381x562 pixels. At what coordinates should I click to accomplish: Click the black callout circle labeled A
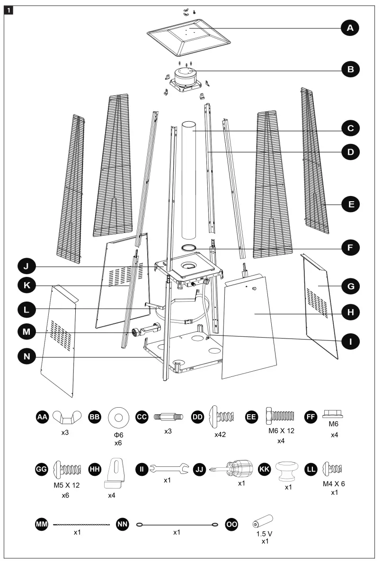click(350, 29)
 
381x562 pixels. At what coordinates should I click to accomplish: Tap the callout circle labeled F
click(350, 247)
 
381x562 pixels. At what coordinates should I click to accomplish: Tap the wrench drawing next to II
click(169, 469)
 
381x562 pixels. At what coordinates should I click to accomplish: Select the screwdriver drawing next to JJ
click(229, 469)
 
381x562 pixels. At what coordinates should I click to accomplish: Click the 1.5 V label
click(264, 534)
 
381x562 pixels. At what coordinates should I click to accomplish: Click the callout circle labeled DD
click(197, 417)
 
